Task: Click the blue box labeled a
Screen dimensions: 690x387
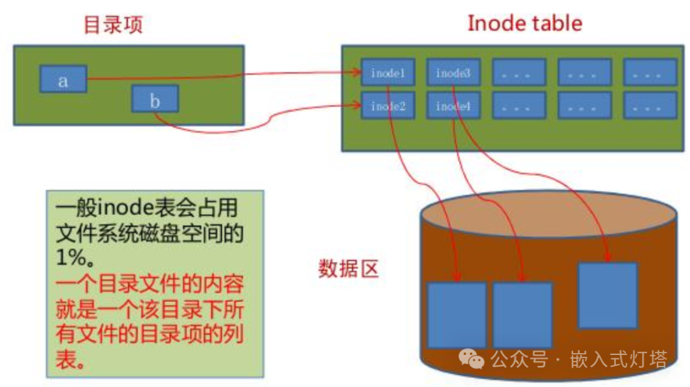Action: pyautogui.click(x=63, y=79)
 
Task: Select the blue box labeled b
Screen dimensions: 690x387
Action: pyautogui.click(x=155, y=99)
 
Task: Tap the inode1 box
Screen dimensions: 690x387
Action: pyautogui.click(x=388, y=72)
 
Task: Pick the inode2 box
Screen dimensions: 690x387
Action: pyautogui.click(x=388, y=106)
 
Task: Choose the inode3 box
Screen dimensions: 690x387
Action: pyautogui.click(x=453, y=72)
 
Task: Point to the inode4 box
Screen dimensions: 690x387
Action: pyautogui.click(x=453, y=106)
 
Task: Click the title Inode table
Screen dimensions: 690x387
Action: pyautogui.click(x=525, y=23)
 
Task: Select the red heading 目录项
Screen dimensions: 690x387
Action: pyautogui.click(x=113, y=25)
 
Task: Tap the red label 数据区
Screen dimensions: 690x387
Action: pyautogui.click(x=349, y=269)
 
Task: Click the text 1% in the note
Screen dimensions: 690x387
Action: pyautogui.click(x=71, y=257)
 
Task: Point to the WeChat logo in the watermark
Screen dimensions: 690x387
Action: pyautogui.click(x=471, y=359)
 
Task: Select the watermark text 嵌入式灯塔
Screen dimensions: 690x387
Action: pyautogui.click(x=618, y=359)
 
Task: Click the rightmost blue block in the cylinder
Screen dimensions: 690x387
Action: pyautogui.click(x=608, y=296)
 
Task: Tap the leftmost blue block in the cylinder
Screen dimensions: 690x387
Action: pyautogui.click(x=457, y=315)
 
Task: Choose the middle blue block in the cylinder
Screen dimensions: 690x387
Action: pyautogui.click(x=523, y=315)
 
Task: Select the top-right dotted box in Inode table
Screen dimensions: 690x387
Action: pyautogui.click(x=650, y=72)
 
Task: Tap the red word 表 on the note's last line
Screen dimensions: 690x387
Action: pyautogui.click(x=66, y=359)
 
